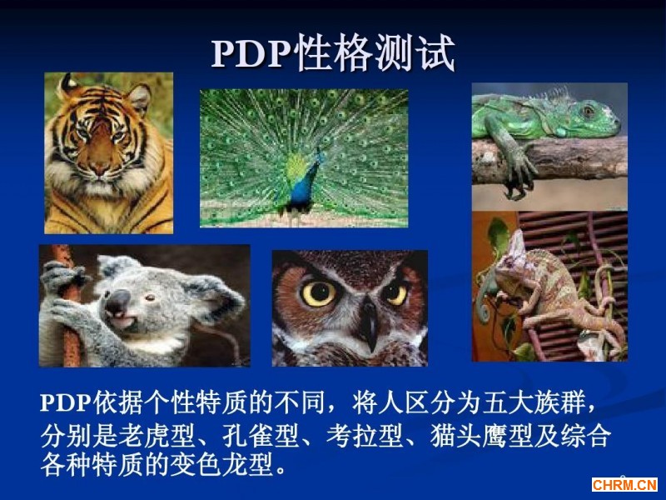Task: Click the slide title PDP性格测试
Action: (334, 53)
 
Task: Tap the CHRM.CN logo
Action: (624, 484)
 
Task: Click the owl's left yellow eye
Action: (319, 293)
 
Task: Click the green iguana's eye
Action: (589, 112)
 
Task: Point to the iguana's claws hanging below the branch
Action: (517, 187)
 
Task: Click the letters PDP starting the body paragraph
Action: (66, 402)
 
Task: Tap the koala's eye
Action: (150, 297)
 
